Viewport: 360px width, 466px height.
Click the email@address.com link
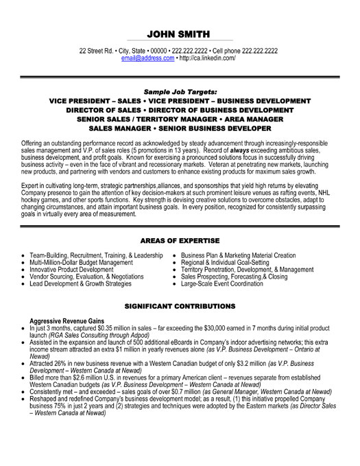pos(148,59)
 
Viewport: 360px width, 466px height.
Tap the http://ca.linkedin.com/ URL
pos(208,59)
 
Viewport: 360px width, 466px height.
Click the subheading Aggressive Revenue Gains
pos(66,321)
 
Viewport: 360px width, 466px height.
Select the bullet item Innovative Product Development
pos(75,270)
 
